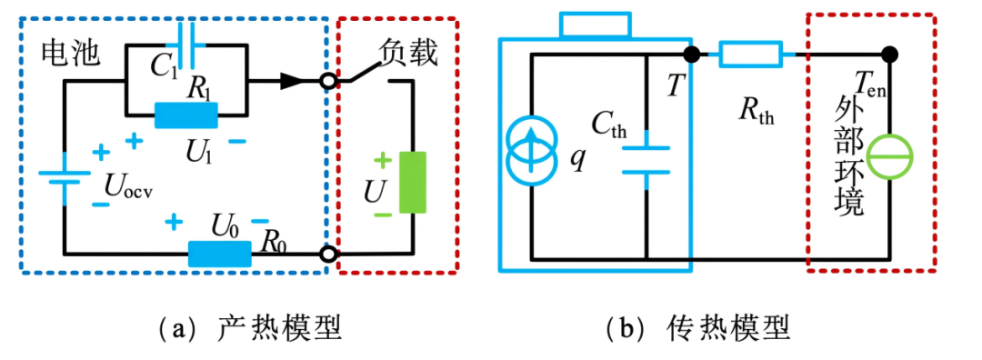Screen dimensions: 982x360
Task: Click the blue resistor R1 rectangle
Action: click(x=186, y=115)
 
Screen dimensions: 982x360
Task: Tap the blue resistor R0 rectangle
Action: click(x=220, y=255)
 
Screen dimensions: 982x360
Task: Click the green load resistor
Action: click(x=413, y=183)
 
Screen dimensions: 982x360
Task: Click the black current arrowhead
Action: click(x=292, y=81)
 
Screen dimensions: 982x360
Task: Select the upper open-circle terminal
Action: click(x=327, y=82)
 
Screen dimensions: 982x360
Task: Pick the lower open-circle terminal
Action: click(x=327, y=255)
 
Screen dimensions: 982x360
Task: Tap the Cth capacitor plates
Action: click(x=646, y=159)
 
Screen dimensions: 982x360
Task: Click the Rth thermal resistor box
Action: click(x=750, y=55)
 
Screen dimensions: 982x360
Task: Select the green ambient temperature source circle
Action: click(x=889, y=156)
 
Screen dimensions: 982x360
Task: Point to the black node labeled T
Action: click(x=691, y=55)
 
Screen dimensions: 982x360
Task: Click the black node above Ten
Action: click(x=890, y=55)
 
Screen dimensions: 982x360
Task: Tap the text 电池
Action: click(x=70, y=55)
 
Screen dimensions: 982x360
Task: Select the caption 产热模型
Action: click(x=280, y=327)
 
